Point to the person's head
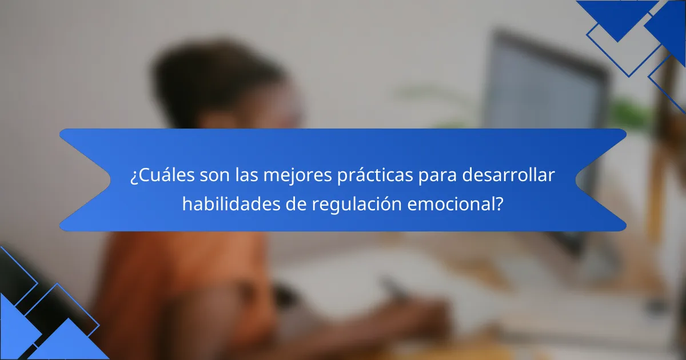pyautogui.click(x=229, y=86)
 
